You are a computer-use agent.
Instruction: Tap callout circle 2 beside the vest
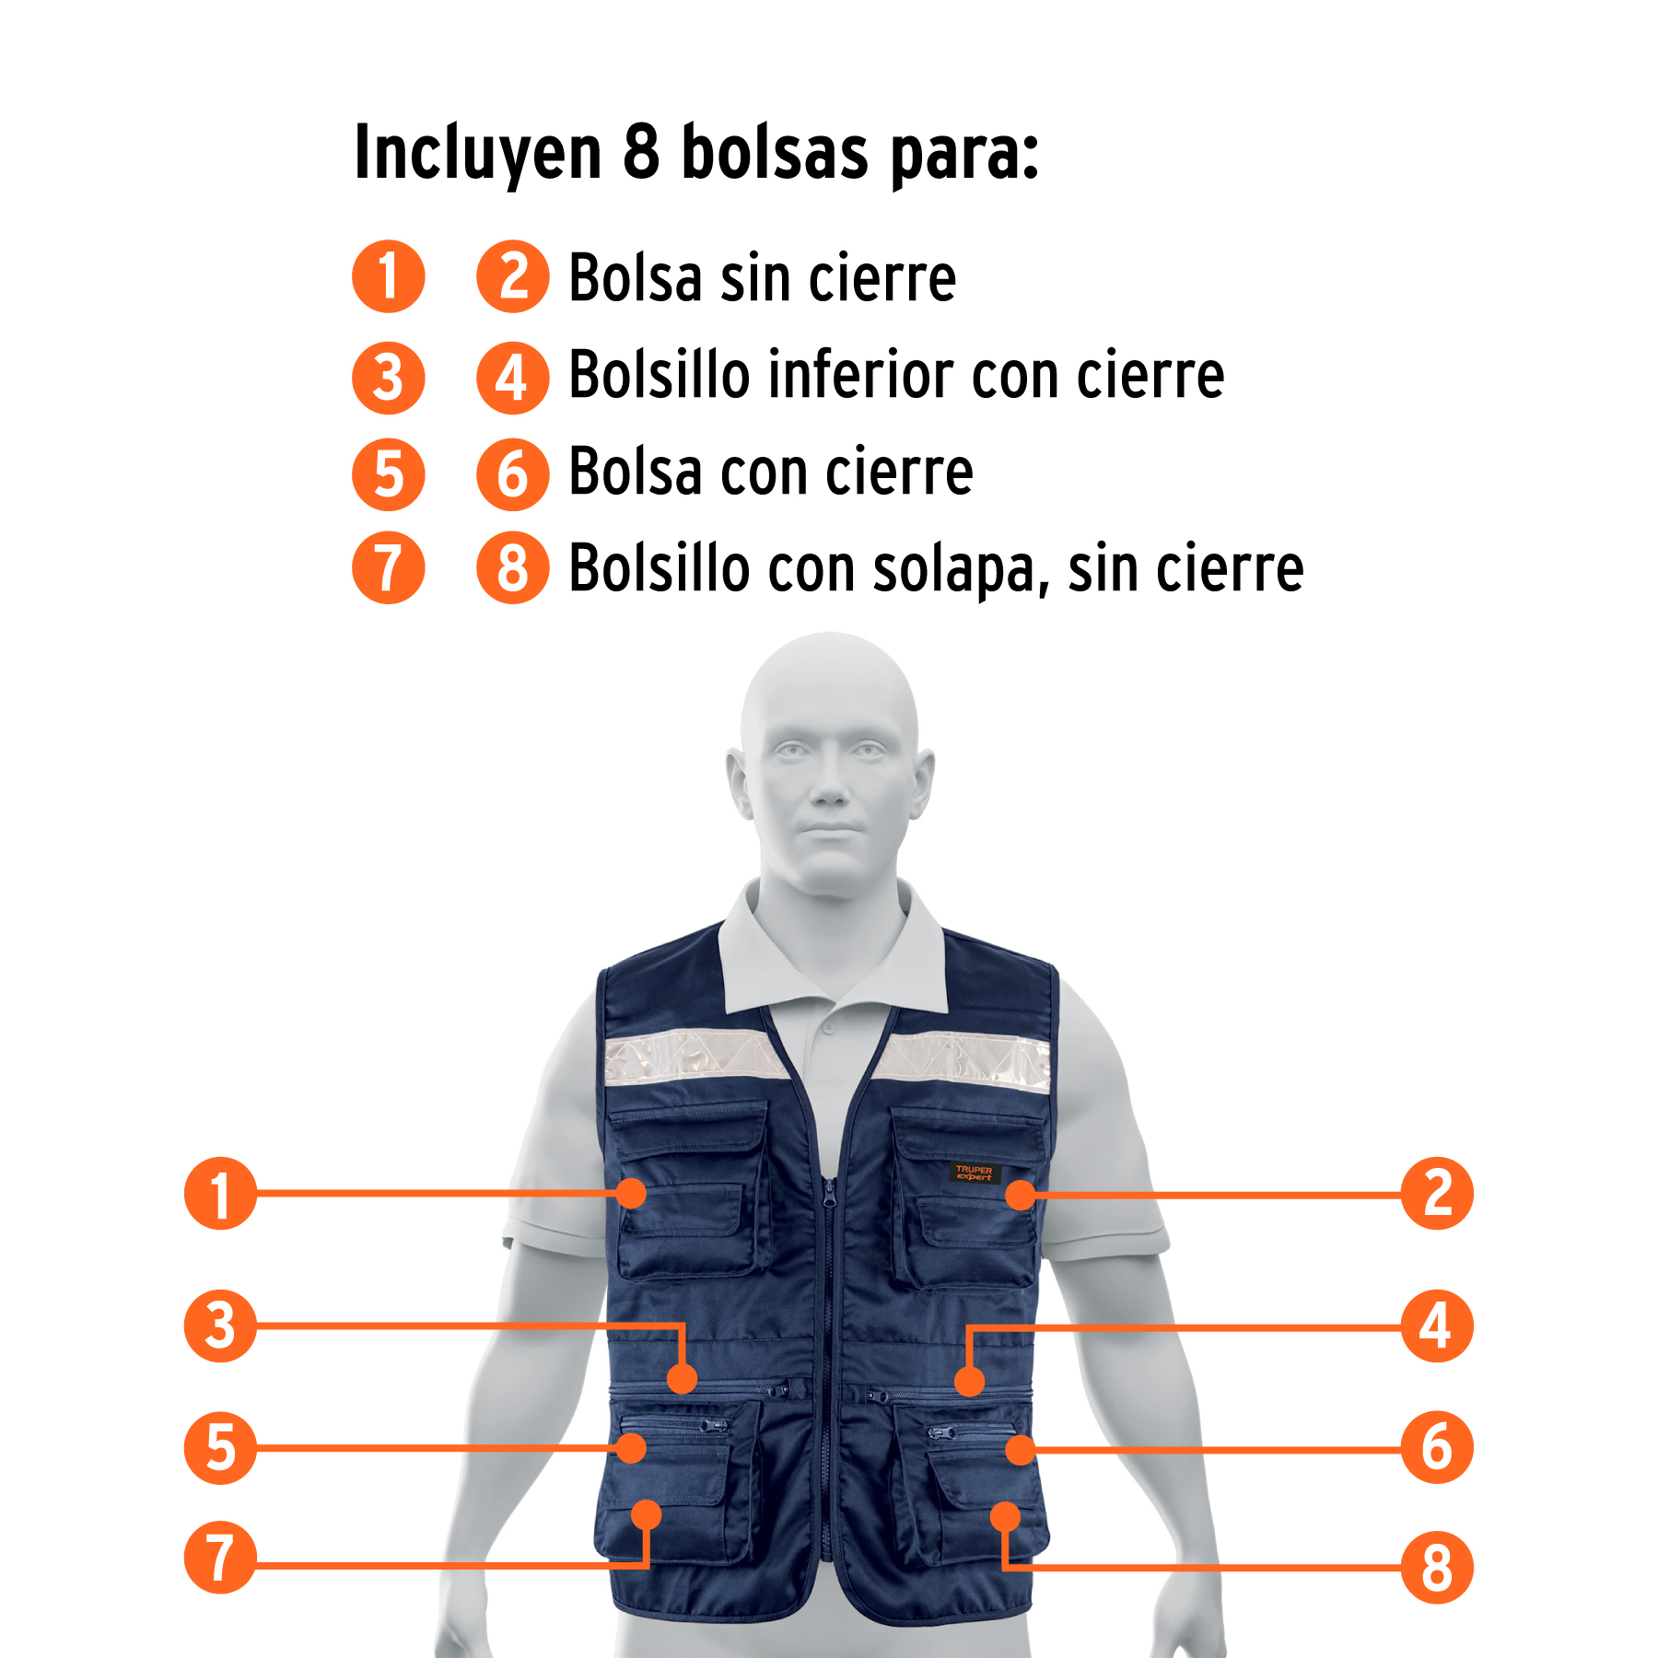[1437, 1194]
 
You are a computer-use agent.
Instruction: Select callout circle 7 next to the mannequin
[220, 1558]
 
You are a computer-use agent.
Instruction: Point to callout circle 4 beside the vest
[1437, 1326]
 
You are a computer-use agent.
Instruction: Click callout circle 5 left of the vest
[220, 1447]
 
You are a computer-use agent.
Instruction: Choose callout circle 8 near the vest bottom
[1437, 1568]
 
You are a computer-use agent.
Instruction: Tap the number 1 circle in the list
[389, 276]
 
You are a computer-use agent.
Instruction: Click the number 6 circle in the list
[513, 474]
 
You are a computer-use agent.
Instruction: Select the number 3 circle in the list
[389, 378]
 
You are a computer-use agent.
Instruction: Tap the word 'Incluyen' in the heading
[478, 154]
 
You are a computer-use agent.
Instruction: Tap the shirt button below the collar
[829, 1027]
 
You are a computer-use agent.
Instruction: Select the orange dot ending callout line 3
[682, 1379]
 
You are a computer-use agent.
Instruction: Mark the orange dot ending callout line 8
[1005, 1516]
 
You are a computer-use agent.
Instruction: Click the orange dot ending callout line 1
[632, 1194]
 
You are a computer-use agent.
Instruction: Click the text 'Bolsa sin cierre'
[763, 277]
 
